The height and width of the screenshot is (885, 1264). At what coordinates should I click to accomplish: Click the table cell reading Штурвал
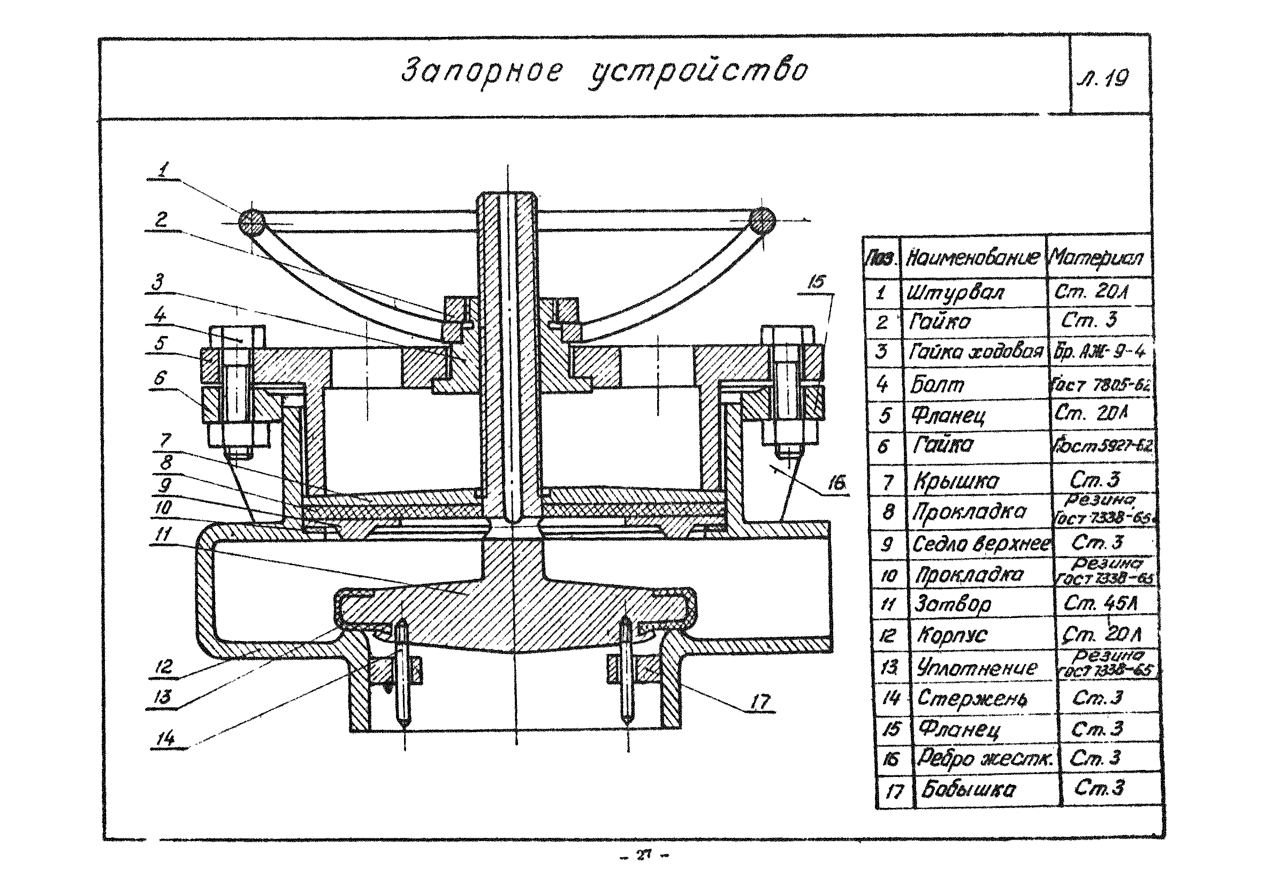click(955, 292)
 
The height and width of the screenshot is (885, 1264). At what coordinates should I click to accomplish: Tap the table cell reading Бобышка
click(968, 790)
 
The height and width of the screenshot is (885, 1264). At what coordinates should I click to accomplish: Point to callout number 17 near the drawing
click(760, 701)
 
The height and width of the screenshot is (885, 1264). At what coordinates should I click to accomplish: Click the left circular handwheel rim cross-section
click(252, 223)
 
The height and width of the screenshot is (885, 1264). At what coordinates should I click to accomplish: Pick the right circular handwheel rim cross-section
click(763, 222)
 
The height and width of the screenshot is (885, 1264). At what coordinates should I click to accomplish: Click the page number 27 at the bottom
click(643, 855)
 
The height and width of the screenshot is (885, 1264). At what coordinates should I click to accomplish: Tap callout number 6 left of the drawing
click(160, 378)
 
